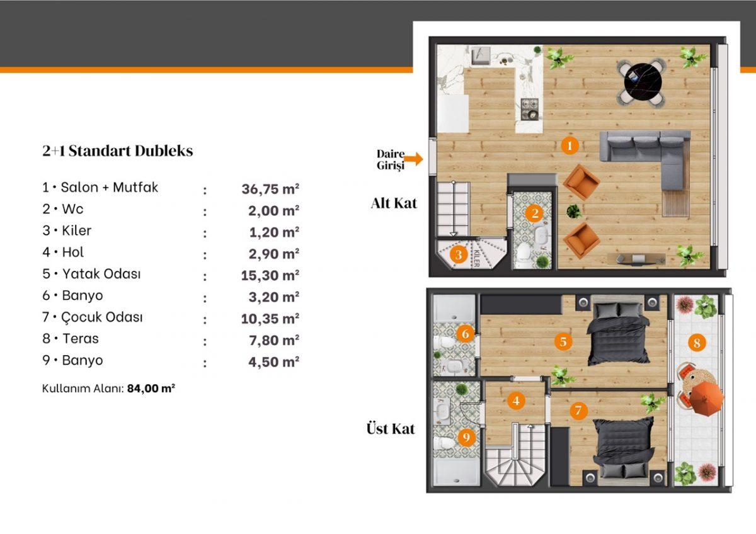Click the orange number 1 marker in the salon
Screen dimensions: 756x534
[570, 145]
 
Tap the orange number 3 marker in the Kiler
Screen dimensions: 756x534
[459, 254]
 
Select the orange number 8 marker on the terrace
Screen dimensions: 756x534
[697, 343]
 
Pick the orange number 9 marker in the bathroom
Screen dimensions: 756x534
[466, 437]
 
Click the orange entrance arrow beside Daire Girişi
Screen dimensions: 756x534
[413, 159]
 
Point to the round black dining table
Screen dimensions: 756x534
[643, 82]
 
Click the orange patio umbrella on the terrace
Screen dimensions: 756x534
[706, 399]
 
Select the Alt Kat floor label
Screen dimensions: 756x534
[394, 203]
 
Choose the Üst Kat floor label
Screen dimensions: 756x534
[391, 429]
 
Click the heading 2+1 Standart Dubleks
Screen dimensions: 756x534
[118, 151]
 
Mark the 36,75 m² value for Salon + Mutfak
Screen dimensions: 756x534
[270, 188]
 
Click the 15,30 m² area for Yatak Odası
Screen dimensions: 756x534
[270, 275]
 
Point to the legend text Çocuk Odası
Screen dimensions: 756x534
[102, 317]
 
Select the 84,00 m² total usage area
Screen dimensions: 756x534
[151, 389]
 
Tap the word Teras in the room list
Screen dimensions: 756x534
[81, 338]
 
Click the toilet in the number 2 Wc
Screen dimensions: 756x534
[524, 253]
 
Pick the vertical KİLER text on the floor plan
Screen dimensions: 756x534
[477, 258]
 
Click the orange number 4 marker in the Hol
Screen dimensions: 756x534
[516, 401]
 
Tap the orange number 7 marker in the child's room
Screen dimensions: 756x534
[578, 410]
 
